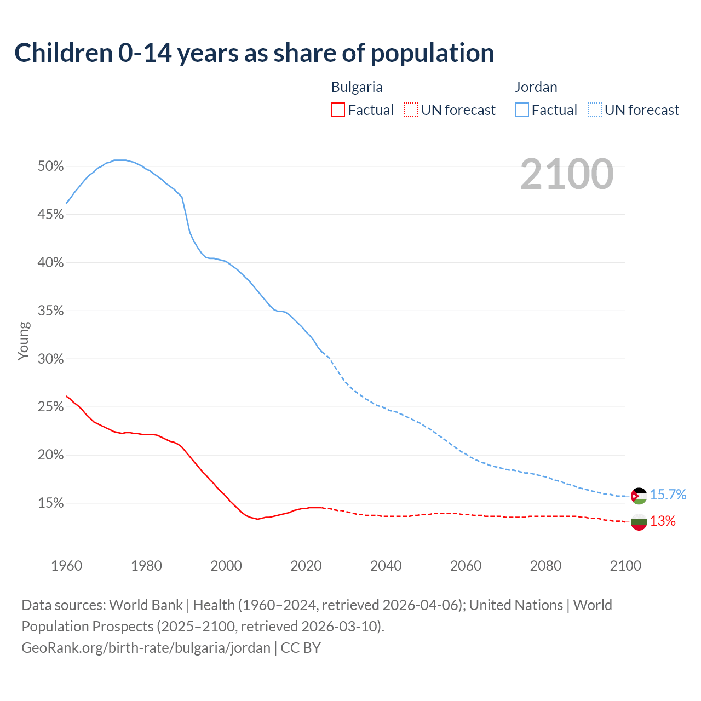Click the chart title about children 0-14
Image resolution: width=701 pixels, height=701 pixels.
coord(254,53)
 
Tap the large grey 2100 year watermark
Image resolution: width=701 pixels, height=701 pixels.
coord(567,174)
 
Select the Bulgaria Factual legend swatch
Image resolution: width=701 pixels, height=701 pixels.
coord(338,110)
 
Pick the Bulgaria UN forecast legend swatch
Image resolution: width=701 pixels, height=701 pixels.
coord(411,110)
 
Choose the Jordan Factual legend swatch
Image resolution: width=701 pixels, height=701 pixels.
coord(521,110)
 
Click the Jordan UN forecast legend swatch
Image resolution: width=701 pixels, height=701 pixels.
coord(594,110)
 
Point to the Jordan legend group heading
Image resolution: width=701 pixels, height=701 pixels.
coord(536,87)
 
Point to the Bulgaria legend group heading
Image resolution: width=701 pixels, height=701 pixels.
coord(357,87)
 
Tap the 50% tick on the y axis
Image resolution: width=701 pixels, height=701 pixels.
coord(51,166)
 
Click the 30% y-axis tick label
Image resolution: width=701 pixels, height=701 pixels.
coord(51,359)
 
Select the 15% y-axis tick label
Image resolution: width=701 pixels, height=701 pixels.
coord(51,503)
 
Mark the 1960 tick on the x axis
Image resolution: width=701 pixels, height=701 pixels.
coord(66,566)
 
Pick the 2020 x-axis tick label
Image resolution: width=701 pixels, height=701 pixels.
coord(306,566)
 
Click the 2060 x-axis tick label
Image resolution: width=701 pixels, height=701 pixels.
coord(466,566)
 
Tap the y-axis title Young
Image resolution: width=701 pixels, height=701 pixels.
coord(24,341)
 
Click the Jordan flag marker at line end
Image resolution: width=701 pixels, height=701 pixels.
coord(639,496)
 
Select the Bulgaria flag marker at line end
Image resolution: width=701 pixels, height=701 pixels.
coord(639,522)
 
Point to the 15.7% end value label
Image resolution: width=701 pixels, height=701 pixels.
coord(668,495)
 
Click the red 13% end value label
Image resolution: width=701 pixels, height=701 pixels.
coord(663,521)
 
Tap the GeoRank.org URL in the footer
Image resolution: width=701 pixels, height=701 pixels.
coord(146,648)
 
